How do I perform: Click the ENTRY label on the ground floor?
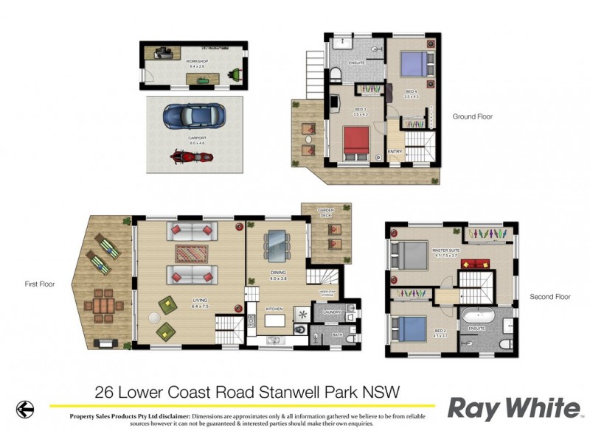pos(395,152)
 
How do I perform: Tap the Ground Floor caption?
pos(472,116)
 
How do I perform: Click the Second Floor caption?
pos(550,297)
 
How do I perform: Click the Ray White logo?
pos(514,407)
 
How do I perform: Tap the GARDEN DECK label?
pos(326,213)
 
